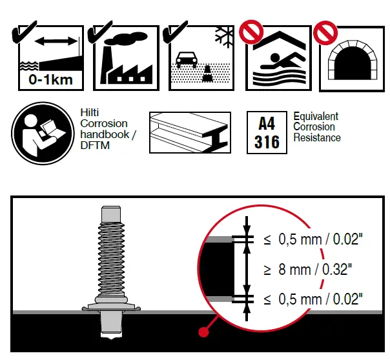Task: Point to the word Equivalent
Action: (316, 117)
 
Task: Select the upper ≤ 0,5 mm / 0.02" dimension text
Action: (313, 239)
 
